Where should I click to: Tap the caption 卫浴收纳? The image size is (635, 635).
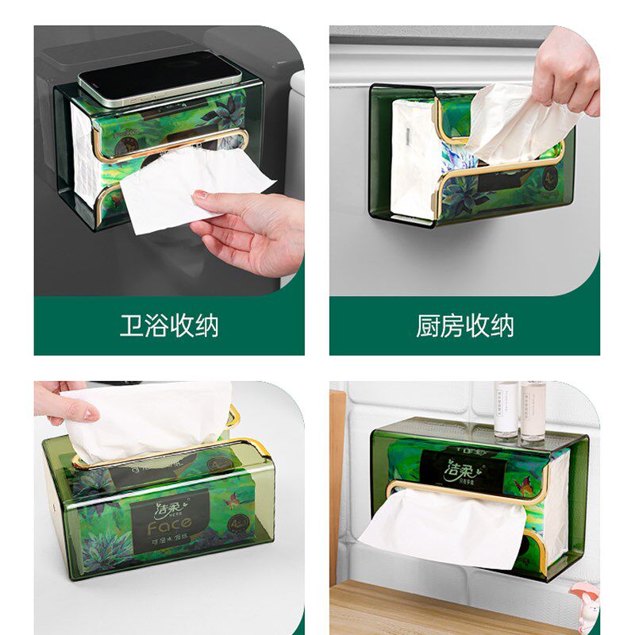168,325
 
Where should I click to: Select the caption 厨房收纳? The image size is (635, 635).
465,325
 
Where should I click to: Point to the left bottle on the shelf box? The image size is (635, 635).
506,410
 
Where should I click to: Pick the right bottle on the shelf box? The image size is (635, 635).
533,410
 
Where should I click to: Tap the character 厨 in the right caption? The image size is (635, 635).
429,325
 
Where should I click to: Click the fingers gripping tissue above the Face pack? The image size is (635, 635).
63,405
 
